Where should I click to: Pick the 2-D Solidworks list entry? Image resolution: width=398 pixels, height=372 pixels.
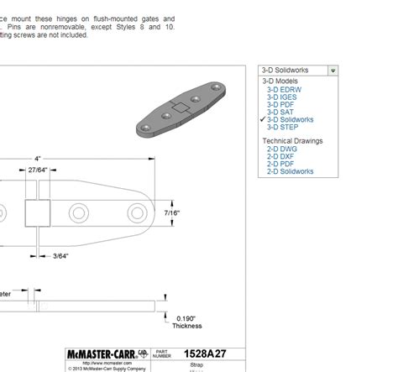coord(291,171)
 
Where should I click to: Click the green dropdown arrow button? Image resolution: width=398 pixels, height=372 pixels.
coord(333,71)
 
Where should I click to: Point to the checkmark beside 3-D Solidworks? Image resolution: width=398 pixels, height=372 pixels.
coord(263,119)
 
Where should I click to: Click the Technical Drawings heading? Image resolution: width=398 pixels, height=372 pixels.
coord(292,141)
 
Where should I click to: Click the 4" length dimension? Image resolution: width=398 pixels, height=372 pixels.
coord(37,158)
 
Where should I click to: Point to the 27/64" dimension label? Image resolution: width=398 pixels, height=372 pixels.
coord(37,170)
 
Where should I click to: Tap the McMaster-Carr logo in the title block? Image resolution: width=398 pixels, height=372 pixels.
coord(101,354)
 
